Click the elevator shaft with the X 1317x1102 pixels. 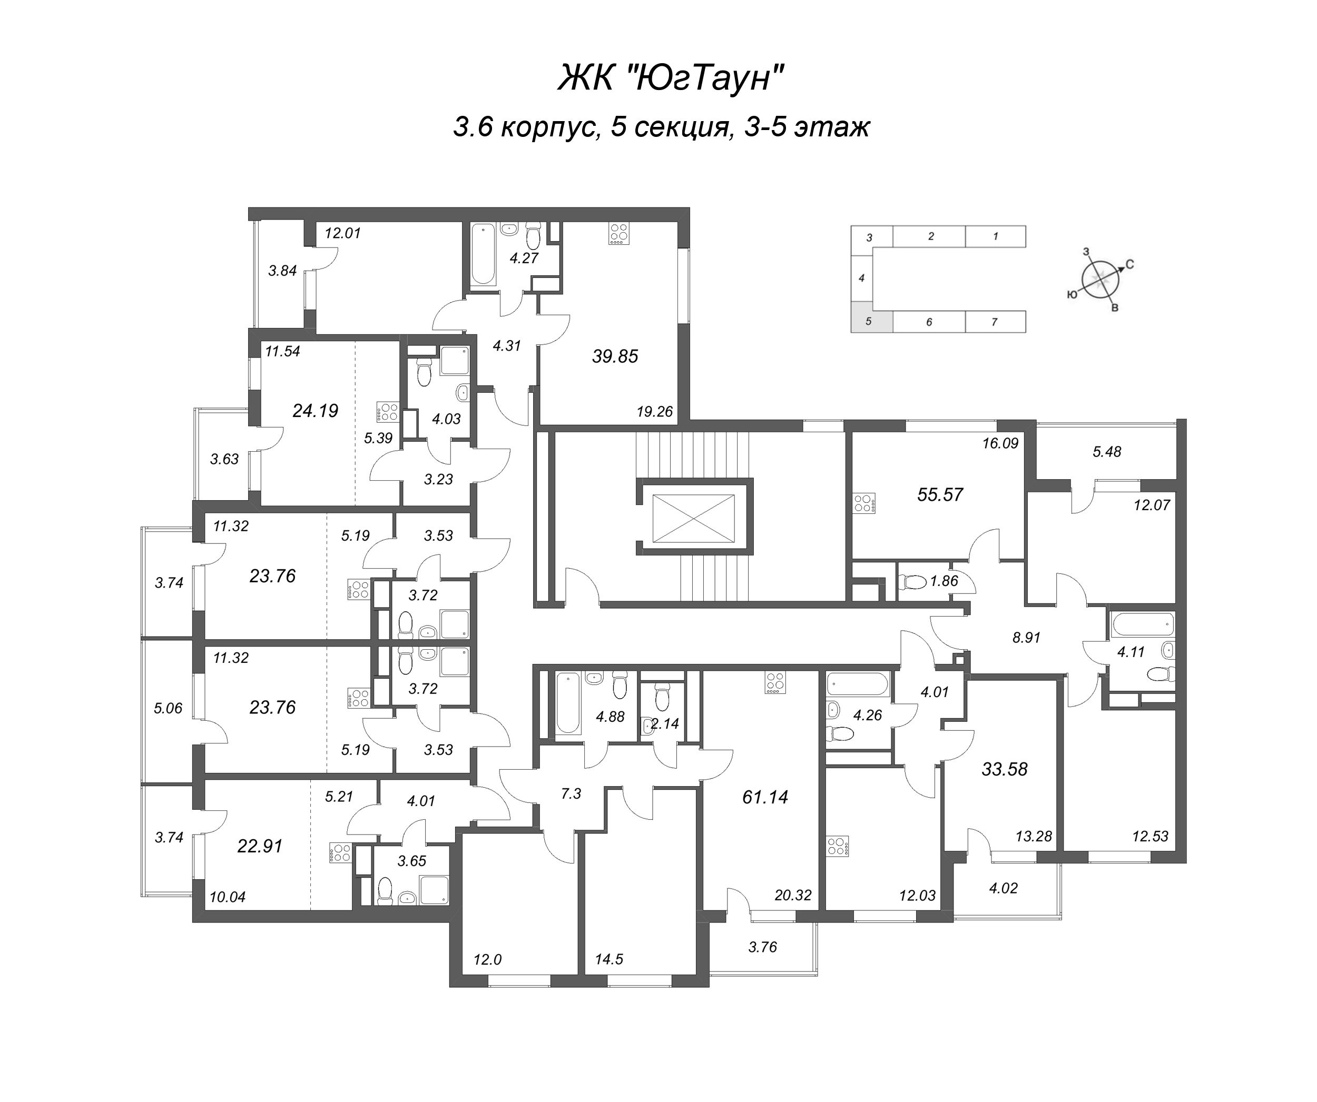pyautogui.click(x=693, y=518)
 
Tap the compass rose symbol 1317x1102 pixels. pyautogui.click(x=1100, y=280)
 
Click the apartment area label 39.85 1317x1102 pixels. pyautogui.click(x=615, y=356)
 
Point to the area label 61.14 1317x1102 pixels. pyautogui.click(x=764, y=797)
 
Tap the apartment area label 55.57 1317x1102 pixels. pyautogui.click(x=939, y=494)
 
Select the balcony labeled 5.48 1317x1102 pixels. pyautogui.click(x=1106, y=451)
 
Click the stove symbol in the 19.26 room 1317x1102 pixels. pyautogui.click(x=618, y=234)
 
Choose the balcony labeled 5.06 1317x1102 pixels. pyautogui.click(x=168, y=708)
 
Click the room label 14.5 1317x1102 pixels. pyautogui.click(x=609, y=959)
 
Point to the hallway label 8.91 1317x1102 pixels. pyautogui.click(x=1026, y=638)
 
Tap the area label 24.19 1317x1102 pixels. pyautogui.click(x=315, y=411)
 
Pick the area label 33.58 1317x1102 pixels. pyautogui.click(x=1004, y=769)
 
